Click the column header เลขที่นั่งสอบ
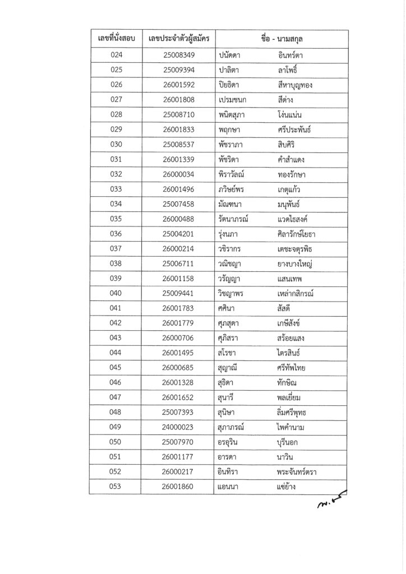click(x=117, y=39)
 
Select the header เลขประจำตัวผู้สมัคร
click(x=178, y=39)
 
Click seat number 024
click(x=117, y=55)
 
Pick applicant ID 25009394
click(x=179, y=70)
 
